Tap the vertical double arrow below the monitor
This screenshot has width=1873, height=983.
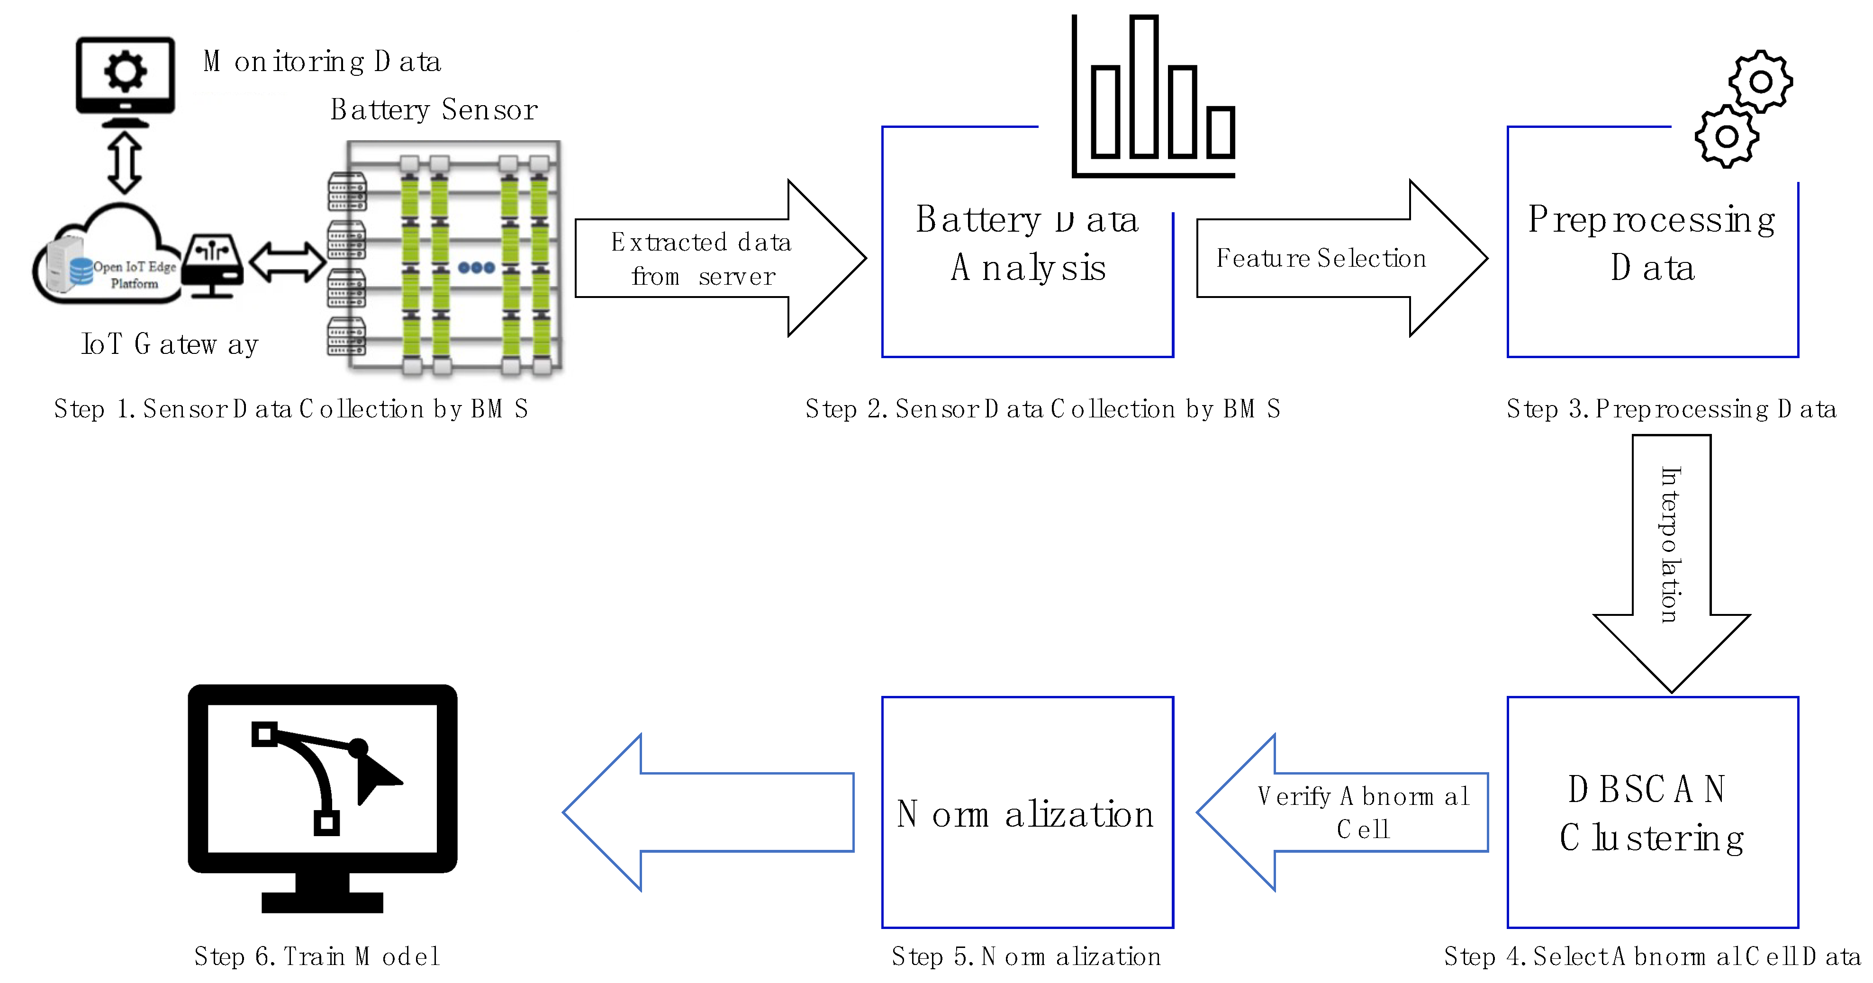point(124,162)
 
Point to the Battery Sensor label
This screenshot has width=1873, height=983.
point(434,110)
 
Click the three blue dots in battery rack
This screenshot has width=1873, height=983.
point(476,268)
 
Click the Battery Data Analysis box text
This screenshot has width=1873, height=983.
point(1027,243)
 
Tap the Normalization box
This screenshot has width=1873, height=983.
point(1027,813)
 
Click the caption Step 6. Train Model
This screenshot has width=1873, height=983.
point(317,956)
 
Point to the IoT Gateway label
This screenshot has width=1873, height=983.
point(170,344)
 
